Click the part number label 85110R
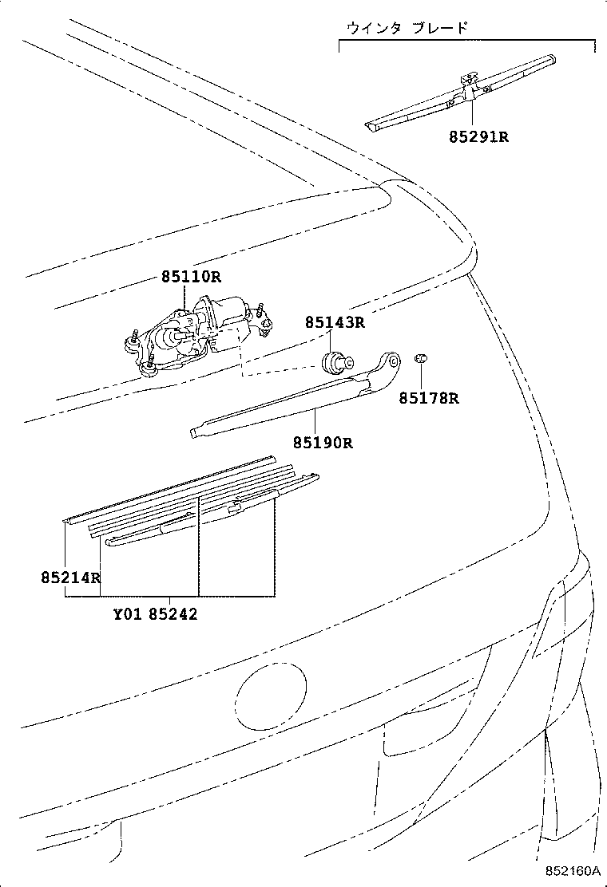tap(190, 277)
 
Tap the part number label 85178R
tap(429, 398)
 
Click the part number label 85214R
tap(71, 577)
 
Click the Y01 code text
tap(127, 614)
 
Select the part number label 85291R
tap(478, 136)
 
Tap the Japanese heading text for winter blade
tap(407, 27)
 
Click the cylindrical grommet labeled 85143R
tap(334, 361)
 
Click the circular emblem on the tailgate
tap(272, 696)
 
